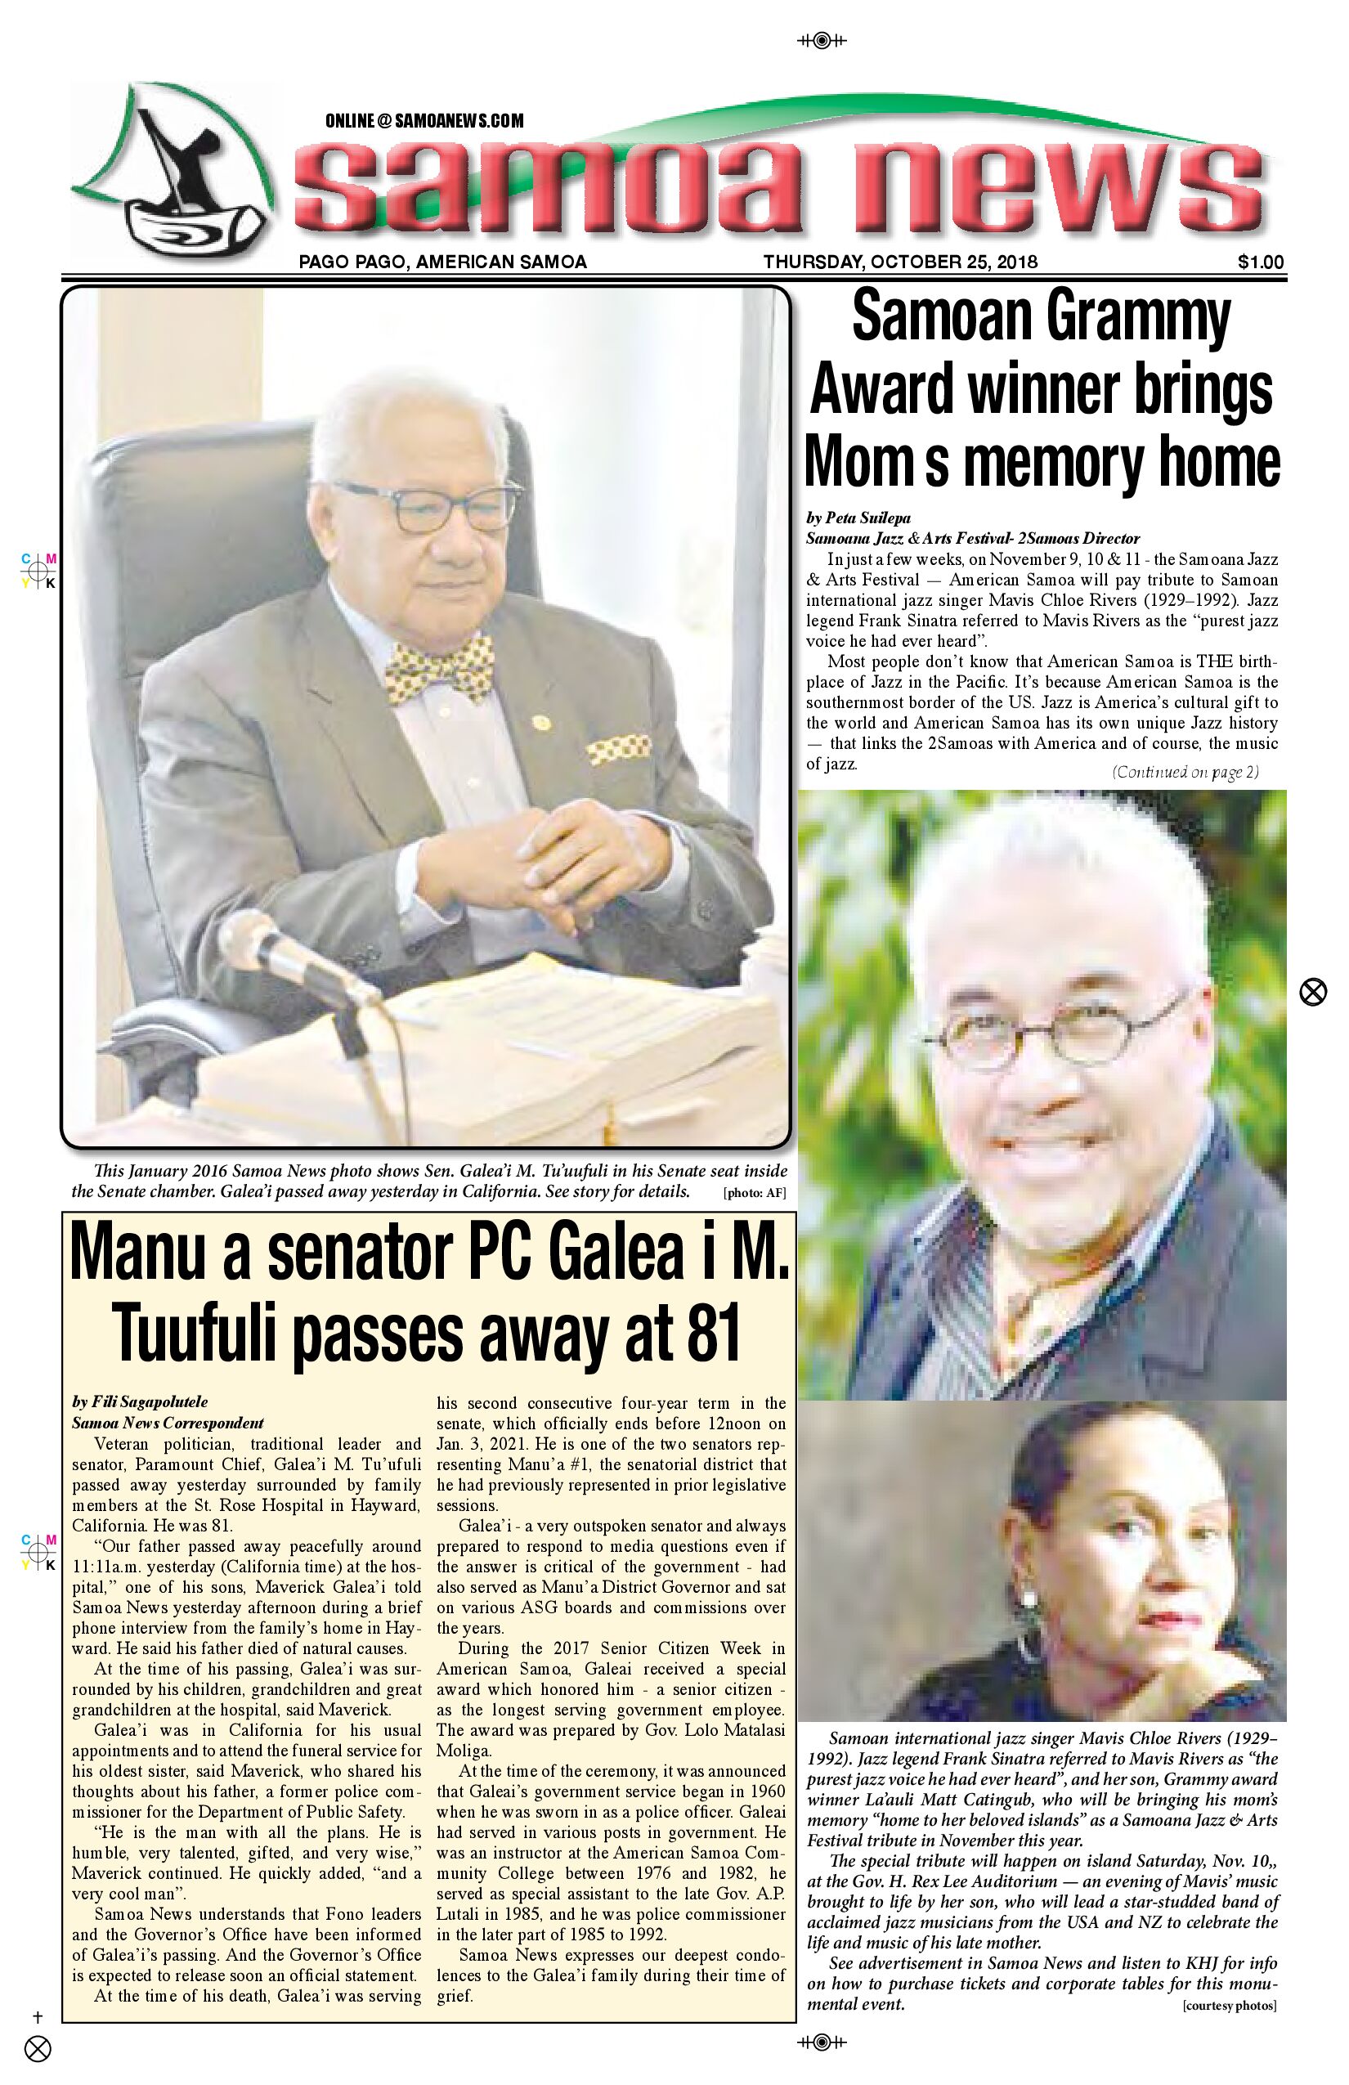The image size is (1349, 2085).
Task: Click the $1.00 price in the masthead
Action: click(x=1261, y=262)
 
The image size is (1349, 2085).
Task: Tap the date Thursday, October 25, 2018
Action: click(x=899, y=262)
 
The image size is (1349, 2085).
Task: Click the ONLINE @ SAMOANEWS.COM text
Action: click(x=424, y=121)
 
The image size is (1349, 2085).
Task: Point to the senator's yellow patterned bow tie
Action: click(x=439, y=670)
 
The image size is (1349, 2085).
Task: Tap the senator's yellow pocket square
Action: click(x=618, y=748)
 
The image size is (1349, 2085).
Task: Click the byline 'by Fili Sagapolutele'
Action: click(x=140, y=1402)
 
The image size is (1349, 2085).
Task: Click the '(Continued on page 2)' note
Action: click(x=1185, y=772)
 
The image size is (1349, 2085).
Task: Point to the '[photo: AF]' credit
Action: click(x=754, y=1192)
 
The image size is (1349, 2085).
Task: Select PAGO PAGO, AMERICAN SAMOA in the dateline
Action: click(x=442, y=262)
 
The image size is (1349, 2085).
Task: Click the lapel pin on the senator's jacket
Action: click(x=541, y=723)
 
